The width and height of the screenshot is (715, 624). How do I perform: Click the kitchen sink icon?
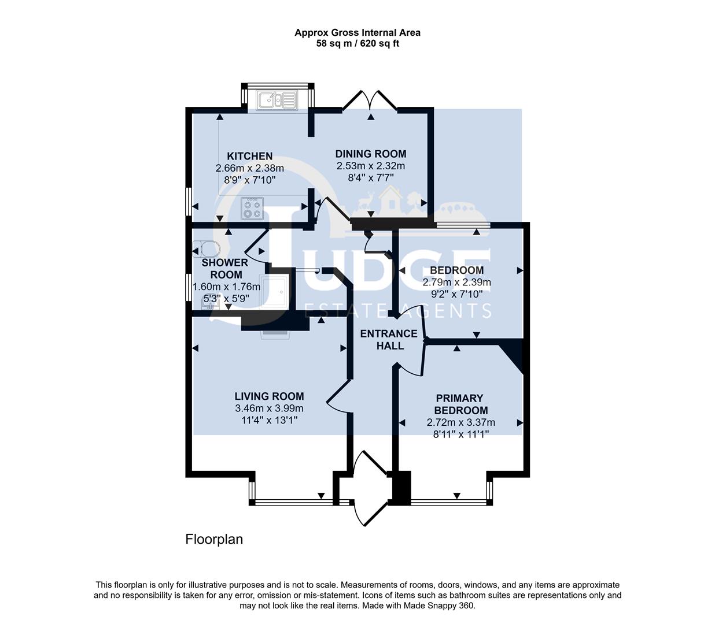(277, 101)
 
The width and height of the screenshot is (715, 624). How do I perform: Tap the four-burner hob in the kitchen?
(252, 209)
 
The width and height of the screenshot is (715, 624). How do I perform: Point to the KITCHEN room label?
(249, 156)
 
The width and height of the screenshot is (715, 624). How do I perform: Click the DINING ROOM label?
(371, 154)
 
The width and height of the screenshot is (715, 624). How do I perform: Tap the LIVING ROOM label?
(269, 396)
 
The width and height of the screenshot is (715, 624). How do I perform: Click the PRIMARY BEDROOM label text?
(459, 404)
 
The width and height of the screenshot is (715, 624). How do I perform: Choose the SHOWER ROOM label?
(224, 269)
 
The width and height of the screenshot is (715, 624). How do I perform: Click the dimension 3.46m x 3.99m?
(269, 408)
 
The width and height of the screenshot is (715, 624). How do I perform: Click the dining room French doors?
(370, 101)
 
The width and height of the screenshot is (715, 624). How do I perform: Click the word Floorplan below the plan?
(214, 540)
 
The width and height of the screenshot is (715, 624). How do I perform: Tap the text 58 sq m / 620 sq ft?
(357, 43)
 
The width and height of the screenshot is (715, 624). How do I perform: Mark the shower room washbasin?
(207, 304)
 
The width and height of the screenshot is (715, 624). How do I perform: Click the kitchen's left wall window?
(188, 202)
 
